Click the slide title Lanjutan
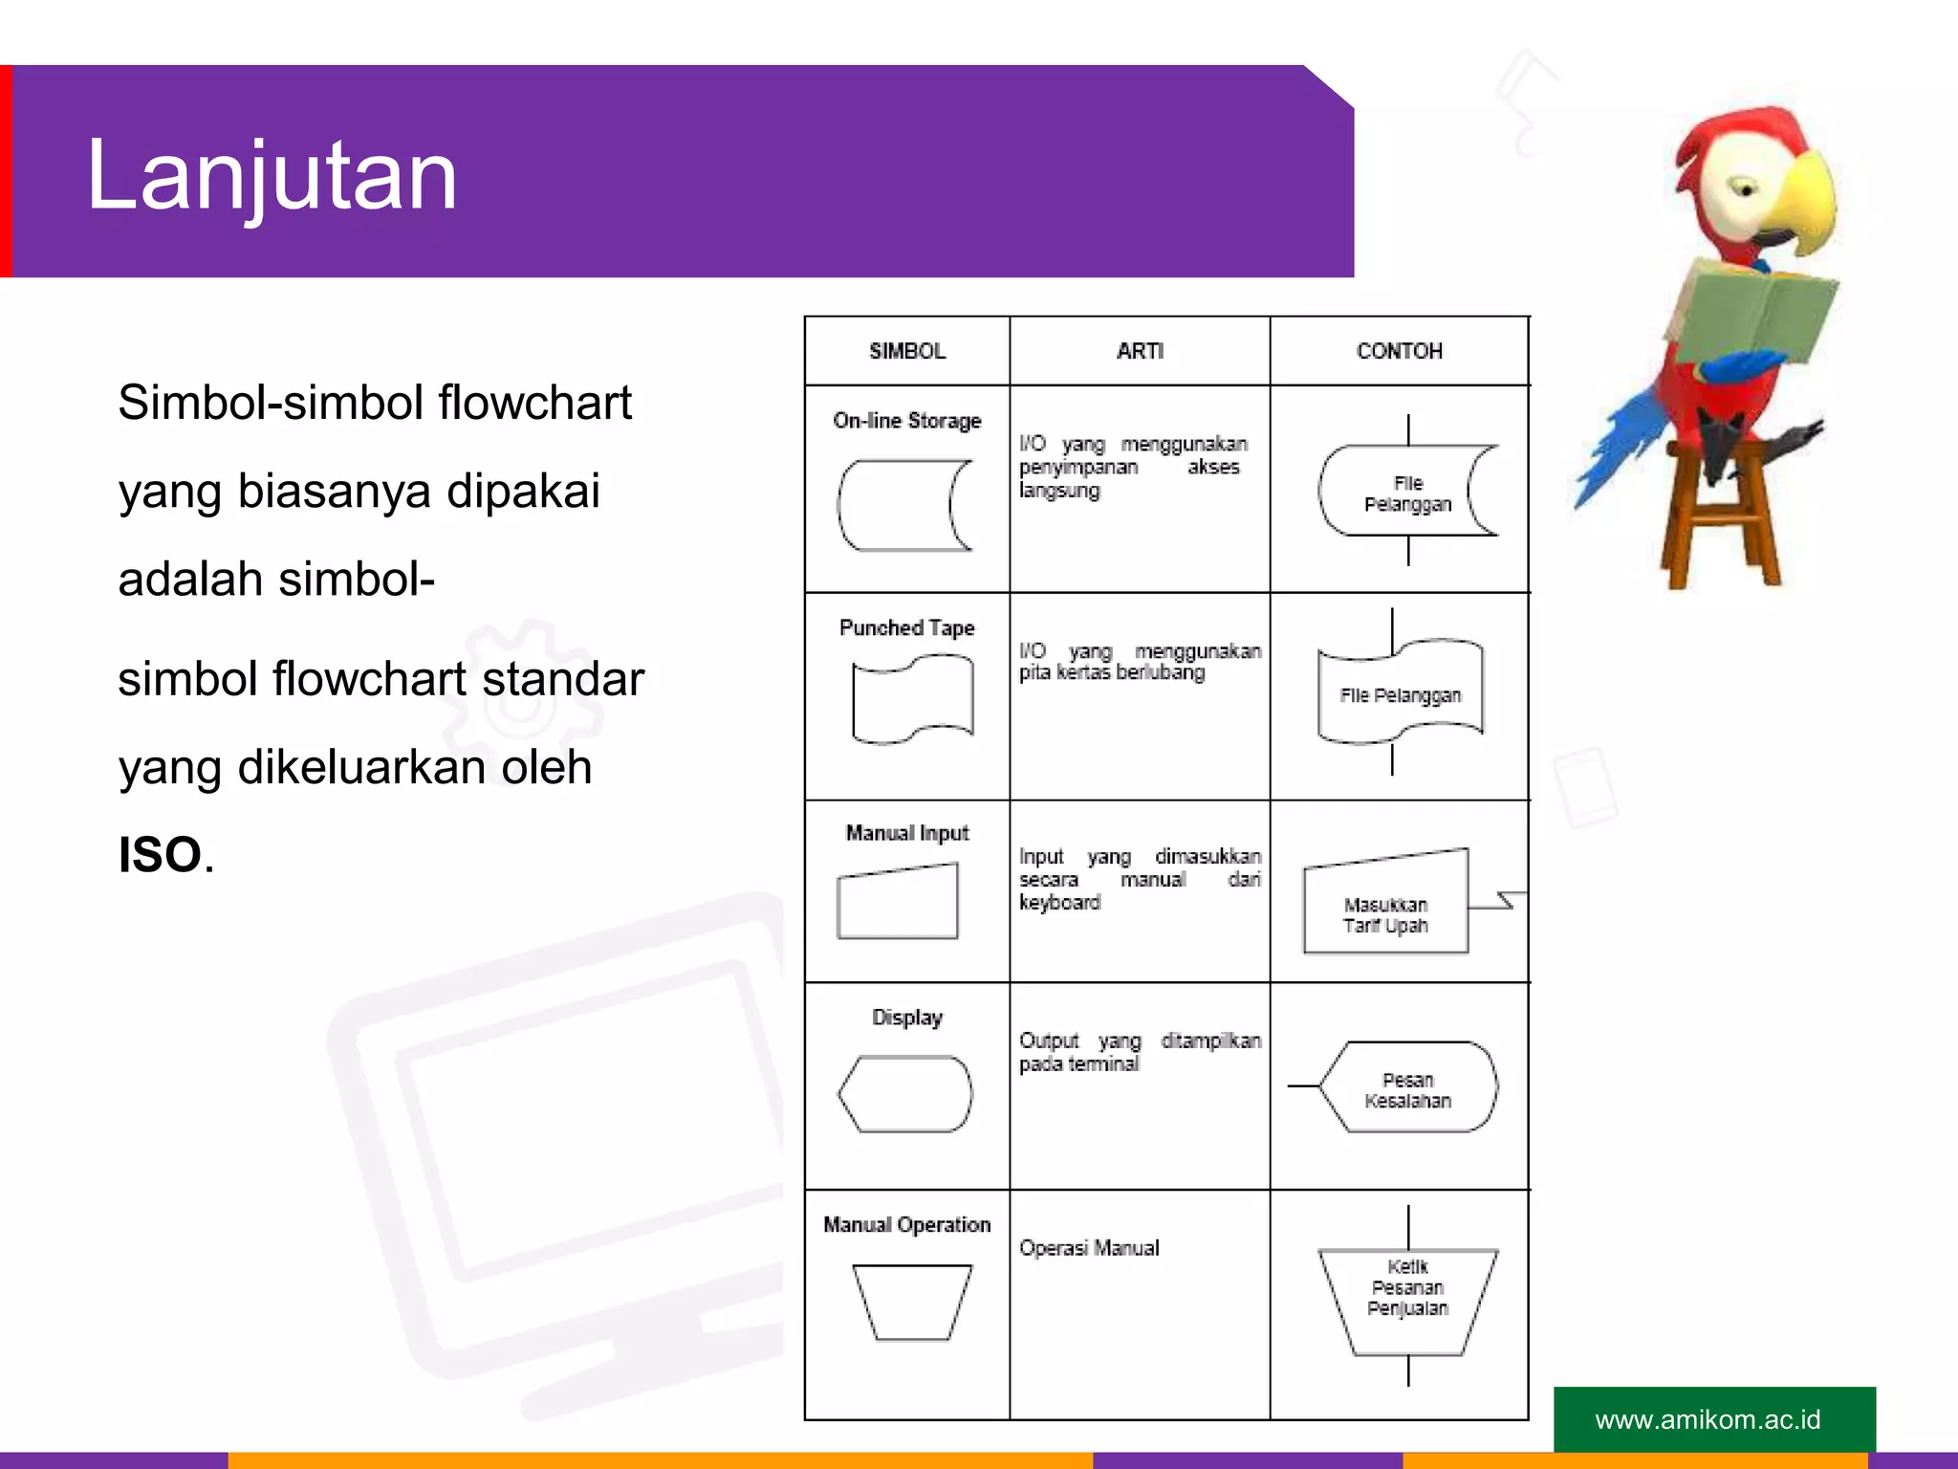click(x=272, y=176)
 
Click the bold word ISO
click(x=160, y=855)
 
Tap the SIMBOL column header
click(x=907, y=351)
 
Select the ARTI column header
click(x=1140, y=351)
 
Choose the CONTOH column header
click(x=1399, y=351)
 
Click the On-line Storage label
click(x=907, y=421)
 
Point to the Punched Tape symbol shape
click(x=912, y=699)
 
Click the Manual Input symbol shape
click(x=897, y=902)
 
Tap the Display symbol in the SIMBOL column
click(x=905, y=1094)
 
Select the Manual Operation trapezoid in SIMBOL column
click(x=912, y=1302)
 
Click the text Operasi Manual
click(x=1089, y=1248)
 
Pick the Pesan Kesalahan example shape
click(x=1407, y=1088)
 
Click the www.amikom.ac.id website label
click(x=1708, y=1419)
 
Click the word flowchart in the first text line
click(x=534, y=403)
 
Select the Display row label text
click(x=907, y=1018)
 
